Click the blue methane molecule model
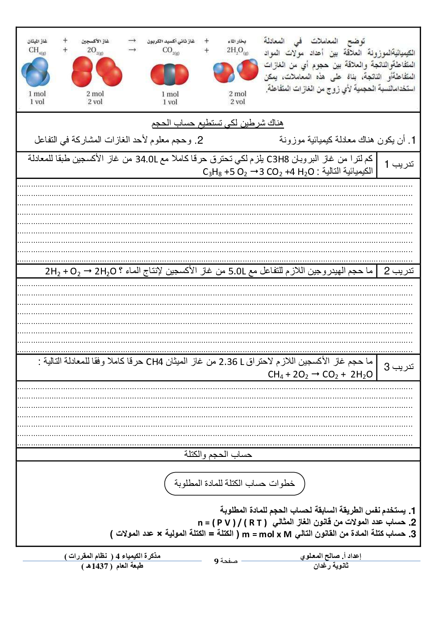click(35, 73)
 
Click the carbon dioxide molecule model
click(169, 74)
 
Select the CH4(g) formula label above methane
click(37, 50)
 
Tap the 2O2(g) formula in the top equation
click(95, 50)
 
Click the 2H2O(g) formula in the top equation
click(237, 50)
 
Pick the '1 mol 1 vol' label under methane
click(37, 98)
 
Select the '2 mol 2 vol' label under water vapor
click(238, 98)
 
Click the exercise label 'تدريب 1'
click(399, 164)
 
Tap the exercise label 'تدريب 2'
click(399, 271)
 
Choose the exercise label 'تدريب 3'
click(399, 367)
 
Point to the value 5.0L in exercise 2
click(237, 271)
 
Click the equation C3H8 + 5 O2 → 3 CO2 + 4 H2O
click(259, 172)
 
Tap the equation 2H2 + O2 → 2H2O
click(81, 271)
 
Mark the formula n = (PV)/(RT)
click(232, 522)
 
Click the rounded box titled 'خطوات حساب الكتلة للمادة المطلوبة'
click(234, 484)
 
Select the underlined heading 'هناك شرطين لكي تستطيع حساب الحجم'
click(217, 123)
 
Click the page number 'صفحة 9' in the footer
click(226, 561)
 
